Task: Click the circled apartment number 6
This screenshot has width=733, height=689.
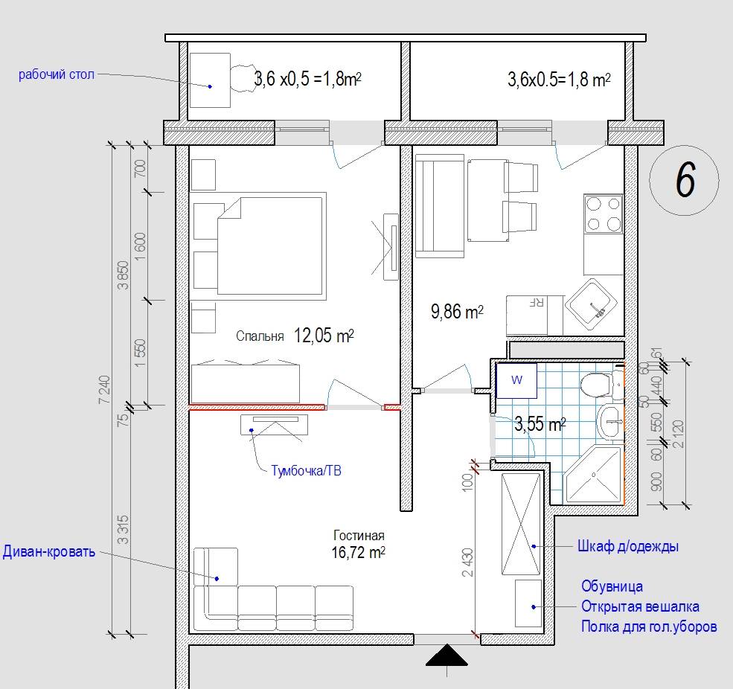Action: (x=685, y=180)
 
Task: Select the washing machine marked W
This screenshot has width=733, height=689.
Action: (x=516, y=380)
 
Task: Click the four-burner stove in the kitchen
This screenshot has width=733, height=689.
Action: (x=604, y=214)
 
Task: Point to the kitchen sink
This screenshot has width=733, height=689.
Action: (x=592, y=307)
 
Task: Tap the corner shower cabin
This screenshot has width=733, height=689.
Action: (x=593, y=475)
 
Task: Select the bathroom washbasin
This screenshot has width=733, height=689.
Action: (x=610, y=422)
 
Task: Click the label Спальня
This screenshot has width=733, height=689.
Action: (x=260, y=336)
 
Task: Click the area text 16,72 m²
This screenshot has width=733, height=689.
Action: (x=359, y=553)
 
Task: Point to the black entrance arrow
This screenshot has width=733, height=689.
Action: (x=447, y=655)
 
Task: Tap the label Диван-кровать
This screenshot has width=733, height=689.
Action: (x=48, y=551)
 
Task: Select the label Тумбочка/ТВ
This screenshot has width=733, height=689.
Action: (x=306, y=470)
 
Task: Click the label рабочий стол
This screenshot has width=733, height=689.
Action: (x=57, y=74)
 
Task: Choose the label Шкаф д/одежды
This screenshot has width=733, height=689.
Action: (x=628, y=546)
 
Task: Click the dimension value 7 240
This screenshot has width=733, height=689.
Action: (x=105, y=389)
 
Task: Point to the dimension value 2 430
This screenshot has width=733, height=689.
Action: (x=467, y=563)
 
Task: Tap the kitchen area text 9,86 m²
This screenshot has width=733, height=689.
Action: (x=457, y=311)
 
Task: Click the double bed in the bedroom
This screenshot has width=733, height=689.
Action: (x=272, y=246)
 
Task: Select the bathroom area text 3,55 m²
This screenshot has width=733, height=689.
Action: (x=540, y=424)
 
